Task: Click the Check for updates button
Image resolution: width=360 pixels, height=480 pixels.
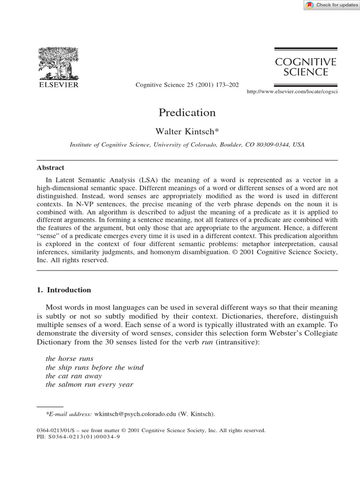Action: [x=331, y=5]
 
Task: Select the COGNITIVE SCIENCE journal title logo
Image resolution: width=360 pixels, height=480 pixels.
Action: [x=306, y=67]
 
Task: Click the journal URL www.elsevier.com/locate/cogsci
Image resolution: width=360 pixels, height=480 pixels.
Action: [x=292, y=91]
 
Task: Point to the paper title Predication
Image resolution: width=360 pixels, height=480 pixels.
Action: [x=187, y=112]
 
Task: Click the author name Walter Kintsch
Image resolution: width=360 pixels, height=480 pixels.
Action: [x=187, y=132]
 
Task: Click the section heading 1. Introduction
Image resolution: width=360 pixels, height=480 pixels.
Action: [x=64, y=290]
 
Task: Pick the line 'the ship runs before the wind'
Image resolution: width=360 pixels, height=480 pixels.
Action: [x=95, y=367]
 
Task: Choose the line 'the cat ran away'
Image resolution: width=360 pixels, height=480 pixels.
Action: [x=74, y=376]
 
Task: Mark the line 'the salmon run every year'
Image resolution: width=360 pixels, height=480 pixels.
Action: [x=90, y=385]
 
